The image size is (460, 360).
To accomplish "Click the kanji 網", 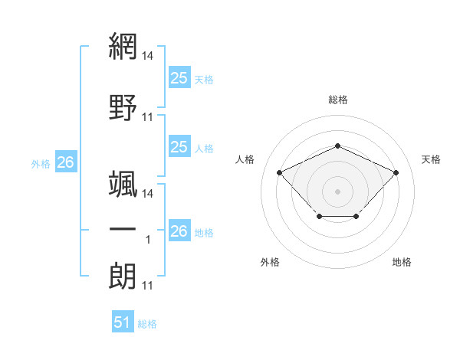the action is (123, 46).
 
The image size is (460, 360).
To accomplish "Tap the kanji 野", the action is (123, 107).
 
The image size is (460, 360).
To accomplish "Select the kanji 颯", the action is (123, 184).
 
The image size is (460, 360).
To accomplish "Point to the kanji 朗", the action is (123, 277).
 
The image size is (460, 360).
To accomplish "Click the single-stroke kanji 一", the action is (123, 229).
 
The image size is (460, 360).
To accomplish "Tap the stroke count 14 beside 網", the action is (147, 56).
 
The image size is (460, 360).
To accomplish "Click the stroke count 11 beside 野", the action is (147, 117).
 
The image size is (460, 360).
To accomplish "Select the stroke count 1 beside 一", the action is (148, 240).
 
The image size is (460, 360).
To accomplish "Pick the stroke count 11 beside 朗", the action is (147, 286).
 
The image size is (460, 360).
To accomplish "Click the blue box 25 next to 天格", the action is (179, 77).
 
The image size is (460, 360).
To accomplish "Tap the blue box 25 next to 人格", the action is (179, 146).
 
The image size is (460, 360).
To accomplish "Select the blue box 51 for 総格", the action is (123, 321).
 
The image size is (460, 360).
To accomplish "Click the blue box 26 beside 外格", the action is (66, 162).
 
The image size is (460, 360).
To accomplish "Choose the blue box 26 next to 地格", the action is (179, 230).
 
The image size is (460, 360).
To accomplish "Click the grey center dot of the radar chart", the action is (337, 191).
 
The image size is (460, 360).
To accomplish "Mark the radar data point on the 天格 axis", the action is (396, 172).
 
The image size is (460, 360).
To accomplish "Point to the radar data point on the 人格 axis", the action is (280, 172).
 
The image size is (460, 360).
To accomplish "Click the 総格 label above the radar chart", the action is (338, 100).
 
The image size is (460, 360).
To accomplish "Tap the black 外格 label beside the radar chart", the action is (270, 262).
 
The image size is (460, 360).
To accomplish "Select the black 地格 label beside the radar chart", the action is (402, 262).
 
